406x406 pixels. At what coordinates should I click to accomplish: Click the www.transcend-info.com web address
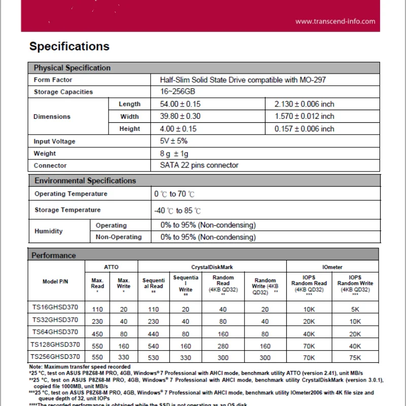coord(335,21)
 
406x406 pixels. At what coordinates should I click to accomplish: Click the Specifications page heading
coord(69,47)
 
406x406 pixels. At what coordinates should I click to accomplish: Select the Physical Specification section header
coord(72,68)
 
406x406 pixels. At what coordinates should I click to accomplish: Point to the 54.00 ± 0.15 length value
coord(180,104)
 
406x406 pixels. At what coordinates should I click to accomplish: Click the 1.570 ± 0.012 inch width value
coord(304,116)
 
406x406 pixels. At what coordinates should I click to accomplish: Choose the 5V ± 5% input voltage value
coord(174,141)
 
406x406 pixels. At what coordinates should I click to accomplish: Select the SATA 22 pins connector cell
coord(199,165)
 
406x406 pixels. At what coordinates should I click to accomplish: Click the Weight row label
coord(45,153)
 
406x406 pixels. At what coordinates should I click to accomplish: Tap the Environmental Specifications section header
coord(85,181)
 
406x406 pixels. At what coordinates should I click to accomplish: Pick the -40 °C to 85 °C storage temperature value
coord(177,211)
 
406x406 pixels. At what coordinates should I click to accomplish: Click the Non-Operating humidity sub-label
coord(119,237)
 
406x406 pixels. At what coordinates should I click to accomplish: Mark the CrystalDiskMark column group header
coord(212,267)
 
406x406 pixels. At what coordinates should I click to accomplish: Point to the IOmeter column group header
coord(332,267)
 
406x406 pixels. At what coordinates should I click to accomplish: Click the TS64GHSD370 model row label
coord(55,332)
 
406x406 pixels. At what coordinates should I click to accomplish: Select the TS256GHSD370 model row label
coord(55,357)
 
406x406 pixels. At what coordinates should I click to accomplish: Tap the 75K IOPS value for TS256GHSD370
coord(355,358)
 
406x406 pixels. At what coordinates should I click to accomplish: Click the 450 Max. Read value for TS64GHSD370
coord(97,334)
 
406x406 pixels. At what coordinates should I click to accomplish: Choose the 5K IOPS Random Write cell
coord(355,309)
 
